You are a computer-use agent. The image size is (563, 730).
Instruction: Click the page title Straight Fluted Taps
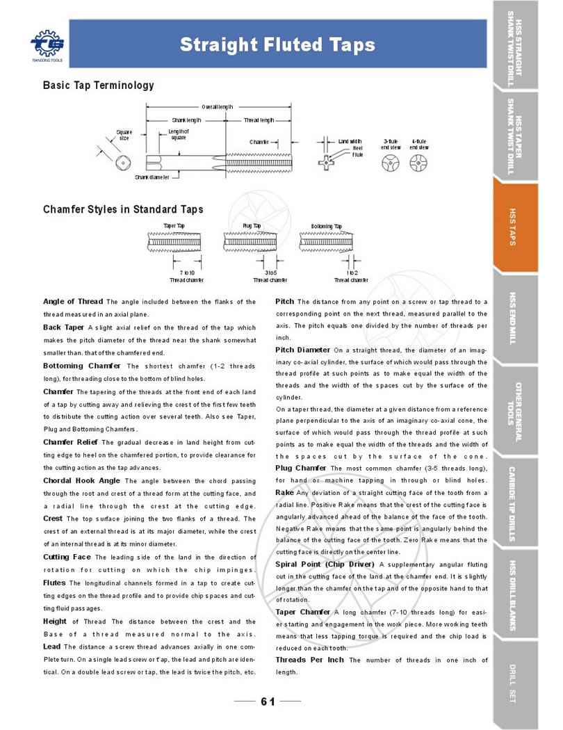277,45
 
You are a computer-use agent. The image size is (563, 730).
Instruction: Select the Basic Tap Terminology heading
98,86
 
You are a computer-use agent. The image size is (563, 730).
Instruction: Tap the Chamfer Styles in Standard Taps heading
123,209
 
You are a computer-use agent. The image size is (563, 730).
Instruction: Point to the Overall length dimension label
218,107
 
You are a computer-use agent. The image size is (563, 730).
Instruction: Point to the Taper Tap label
174,227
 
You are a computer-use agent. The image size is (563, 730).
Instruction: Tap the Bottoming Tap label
327,227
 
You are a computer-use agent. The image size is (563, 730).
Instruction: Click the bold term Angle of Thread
73,302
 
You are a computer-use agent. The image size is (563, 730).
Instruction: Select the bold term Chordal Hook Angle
82,480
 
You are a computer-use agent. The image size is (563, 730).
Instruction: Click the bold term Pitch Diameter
303,349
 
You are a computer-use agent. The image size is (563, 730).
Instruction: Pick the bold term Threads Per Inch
310,659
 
